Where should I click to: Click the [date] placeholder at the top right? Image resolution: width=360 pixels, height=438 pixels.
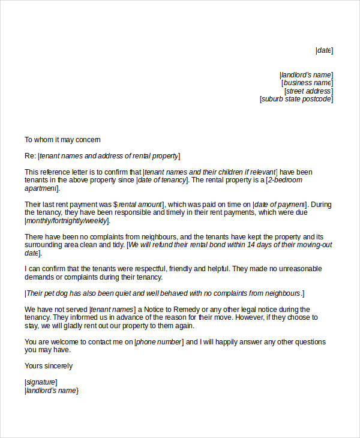[x=325, y=51]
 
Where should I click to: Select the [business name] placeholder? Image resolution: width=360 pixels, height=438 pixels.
[x=307, y=83]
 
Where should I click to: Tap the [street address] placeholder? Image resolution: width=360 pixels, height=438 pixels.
[x=308, y=91]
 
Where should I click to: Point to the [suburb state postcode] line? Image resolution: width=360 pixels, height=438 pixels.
[x=296, y=100]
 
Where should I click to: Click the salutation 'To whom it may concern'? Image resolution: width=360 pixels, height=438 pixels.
[x=58, y=140]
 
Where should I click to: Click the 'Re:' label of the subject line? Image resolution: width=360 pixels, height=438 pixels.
[x=30, y=157]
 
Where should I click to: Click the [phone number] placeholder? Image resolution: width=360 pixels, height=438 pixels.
[x=158, y=342]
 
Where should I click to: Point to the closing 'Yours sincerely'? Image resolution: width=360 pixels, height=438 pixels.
[x=49, y=366]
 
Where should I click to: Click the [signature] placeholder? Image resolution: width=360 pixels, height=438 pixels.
[x=41, y=382]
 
